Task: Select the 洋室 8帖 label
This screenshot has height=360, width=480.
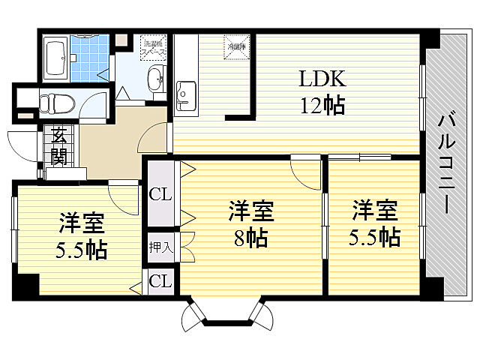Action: [x=250, y=224]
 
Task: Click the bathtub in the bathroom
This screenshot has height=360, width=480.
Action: [x=57, y=58]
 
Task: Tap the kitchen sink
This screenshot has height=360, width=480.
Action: [x=184, y=95]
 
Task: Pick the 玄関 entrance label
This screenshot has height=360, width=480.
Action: [x=58, y=146]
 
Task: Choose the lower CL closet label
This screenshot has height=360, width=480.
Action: [x=160, y=282]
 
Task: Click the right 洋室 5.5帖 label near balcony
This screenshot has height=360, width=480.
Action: [x=373, y=224]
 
